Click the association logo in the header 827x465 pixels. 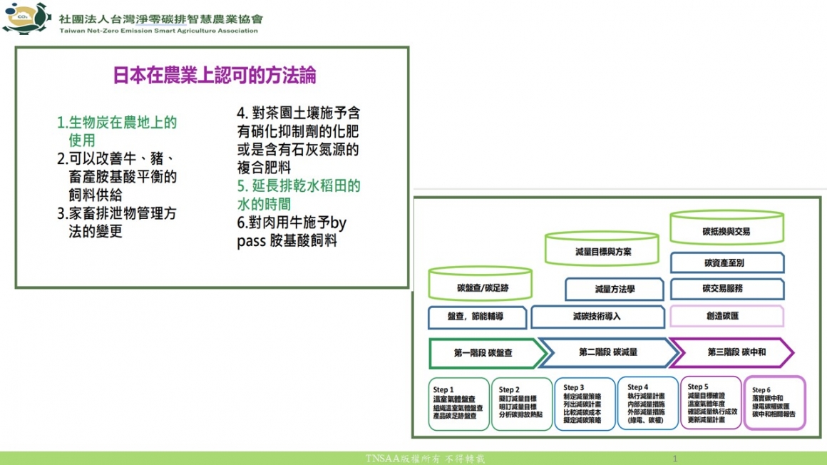(x=26, y=18)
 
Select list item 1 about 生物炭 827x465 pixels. (x=117, y=131)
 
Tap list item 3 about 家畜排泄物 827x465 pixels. (x=117, y=222)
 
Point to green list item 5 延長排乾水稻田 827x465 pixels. (x=299, y=195)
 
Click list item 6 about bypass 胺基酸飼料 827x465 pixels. (x=292, y=232)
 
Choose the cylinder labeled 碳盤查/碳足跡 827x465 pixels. (x=483, y=285)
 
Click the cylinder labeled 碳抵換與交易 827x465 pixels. (x=726, y=228)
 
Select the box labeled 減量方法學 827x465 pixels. (x=614, y=290)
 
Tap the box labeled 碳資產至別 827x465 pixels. (x=726, y=262)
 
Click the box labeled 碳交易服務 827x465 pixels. (x=726, y=289)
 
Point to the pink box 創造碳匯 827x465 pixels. (x=726, y=316)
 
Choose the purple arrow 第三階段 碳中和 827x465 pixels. (x=733, y=352)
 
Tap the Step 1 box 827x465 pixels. (x=458, y=404)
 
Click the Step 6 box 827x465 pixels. (x=774, y=403)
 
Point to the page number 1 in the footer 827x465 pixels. (x=674, y=458)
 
